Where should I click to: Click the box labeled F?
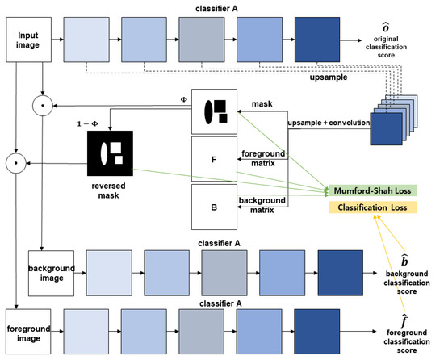point(213,158)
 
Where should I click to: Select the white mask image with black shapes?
point(213,111)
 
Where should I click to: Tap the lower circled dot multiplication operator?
point(13,163)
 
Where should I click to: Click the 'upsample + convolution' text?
point(328,122)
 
